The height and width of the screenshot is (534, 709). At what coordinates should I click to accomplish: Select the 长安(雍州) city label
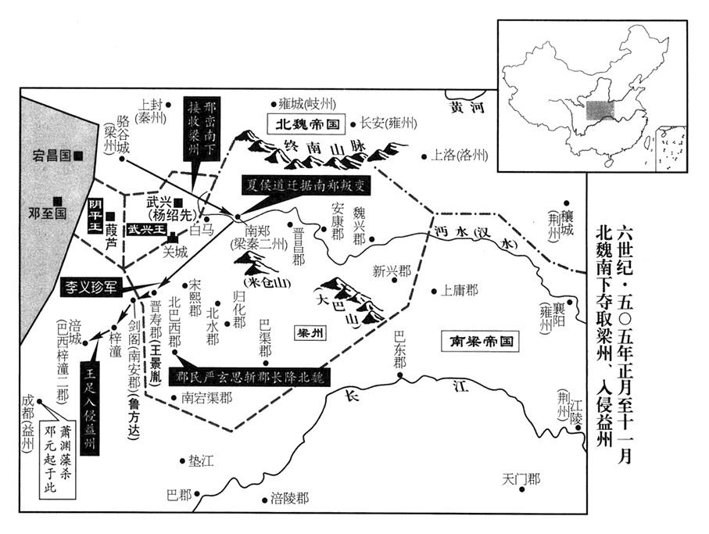coord(388,123)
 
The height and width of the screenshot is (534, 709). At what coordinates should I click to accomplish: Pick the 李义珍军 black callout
coord(91,286)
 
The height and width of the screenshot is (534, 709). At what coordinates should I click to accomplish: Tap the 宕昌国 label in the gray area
coord(54,156)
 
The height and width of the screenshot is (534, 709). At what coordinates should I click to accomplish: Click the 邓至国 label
coord(48,212)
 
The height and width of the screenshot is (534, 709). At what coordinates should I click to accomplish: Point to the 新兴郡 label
coord(391,271)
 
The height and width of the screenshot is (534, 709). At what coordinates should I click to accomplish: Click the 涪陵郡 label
coord(289,498)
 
